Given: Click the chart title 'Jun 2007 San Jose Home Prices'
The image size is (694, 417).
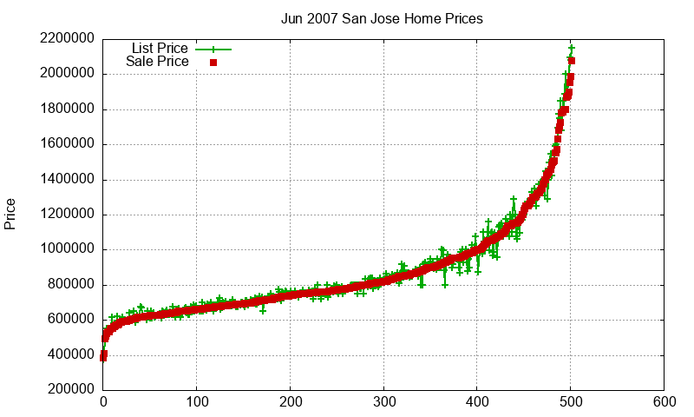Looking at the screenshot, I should point(382,18).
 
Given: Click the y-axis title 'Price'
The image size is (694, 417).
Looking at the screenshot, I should point(10,214).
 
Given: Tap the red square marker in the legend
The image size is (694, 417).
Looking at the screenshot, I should point(213,63).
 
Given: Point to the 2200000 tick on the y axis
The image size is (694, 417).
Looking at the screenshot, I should point(66,39).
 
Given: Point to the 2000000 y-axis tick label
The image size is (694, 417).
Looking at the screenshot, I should point(66,74).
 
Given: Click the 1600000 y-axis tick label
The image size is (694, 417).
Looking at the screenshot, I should point(66,144).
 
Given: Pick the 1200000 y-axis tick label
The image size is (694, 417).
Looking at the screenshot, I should point(66,215).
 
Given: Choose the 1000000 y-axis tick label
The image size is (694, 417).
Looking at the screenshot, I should point(66,249).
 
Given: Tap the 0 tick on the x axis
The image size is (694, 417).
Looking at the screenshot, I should point(103,402).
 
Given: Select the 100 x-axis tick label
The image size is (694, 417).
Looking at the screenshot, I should point(197,402).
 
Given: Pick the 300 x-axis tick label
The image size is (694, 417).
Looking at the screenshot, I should point(384,402).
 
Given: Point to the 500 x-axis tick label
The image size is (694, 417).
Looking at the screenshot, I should point(571,402).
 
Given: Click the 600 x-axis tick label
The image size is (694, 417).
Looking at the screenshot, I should point(665,402).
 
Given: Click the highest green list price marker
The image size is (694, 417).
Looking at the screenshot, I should point(572,48).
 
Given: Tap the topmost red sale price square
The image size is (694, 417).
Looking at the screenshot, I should point(572,61).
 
